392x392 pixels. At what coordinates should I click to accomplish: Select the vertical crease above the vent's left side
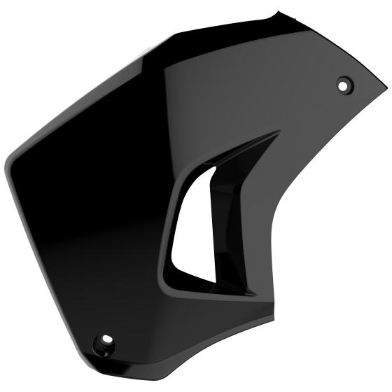click(x=167, y=105)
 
